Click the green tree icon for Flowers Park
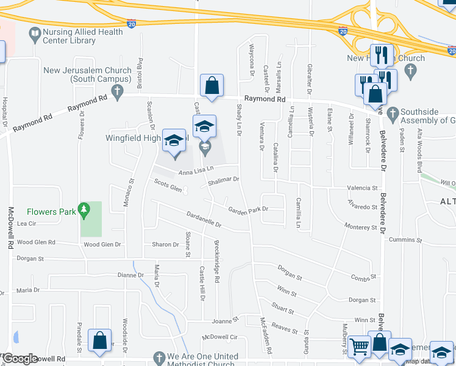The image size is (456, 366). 85,212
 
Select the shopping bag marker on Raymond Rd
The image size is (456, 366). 212,87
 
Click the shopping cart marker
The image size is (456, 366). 359,347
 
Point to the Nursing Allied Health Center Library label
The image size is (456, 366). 70,36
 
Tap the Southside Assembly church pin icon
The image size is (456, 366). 393,113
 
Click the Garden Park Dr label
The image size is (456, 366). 248,210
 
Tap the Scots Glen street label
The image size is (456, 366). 168,185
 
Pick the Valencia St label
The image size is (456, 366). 362,188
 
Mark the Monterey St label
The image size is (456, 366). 362,227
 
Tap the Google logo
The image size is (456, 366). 21,359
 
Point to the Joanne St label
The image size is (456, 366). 224,320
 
